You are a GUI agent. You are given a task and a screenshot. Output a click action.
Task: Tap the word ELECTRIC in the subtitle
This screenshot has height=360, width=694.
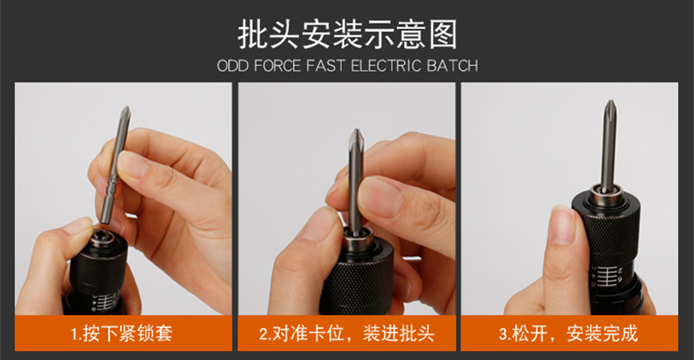(x=386, y=66)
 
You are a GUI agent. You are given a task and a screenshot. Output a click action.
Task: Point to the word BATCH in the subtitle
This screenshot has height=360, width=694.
(x=452, y=66)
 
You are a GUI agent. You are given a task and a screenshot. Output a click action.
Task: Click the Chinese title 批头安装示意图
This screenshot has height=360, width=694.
(x=348, y=34)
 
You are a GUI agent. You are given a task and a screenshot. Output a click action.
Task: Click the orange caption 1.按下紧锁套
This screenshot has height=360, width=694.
(x=121, y=333)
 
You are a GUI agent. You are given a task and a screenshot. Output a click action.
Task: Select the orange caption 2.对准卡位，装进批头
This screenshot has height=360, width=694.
(x=346, y=333)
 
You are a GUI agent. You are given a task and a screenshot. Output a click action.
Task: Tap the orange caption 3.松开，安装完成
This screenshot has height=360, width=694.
(x=568, y=333)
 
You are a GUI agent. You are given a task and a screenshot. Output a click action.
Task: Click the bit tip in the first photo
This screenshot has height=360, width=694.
(x=126, y=110)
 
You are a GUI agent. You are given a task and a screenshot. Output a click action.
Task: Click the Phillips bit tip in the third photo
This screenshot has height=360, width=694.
(x=611, y=106)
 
